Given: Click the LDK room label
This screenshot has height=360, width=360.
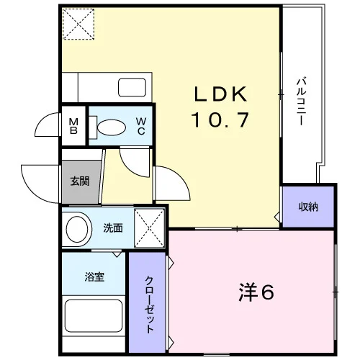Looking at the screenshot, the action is click(x=220, y=94).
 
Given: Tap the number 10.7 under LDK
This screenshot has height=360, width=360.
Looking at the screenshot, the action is click(x=220, y=120).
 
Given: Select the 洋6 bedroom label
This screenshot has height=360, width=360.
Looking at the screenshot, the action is click(x=256, y=292).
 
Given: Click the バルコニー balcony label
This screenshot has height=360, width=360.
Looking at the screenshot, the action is click(x=301, y=101).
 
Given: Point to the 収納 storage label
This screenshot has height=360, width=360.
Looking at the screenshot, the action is click(x=308, y=207).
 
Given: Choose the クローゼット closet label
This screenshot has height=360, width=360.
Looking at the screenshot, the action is click(x=149, y=305).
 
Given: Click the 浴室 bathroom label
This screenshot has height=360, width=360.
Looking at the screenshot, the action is click(x=94, y=276).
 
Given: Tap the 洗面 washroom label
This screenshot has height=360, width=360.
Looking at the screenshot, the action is click(x=113, y=228).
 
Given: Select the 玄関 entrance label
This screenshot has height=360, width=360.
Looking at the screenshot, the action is click(x=80, y=181).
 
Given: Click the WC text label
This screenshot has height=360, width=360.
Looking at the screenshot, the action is click(x=141, y=126).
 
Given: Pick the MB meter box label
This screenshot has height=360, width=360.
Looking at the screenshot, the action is click(x=73, y=127).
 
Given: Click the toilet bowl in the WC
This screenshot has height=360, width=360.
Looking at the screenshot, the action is click(x=112, y=127).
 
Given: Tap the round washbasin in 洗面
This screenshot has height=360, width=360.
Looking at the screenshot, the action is click(x=77, y=229).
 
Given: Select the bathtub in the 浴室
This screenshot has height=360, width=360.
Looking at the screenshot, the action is click(x=94, y=316).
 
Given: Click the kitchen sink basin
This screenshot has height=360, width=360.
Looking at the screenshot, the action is click(x=132, y=87).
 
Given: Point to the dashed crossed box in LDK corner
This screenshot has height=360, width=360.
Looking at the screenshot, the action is click(x=78, y=24).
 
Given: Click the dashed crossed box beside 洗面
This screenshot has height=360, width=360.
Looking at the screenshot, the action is click(x=149, y=228).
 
